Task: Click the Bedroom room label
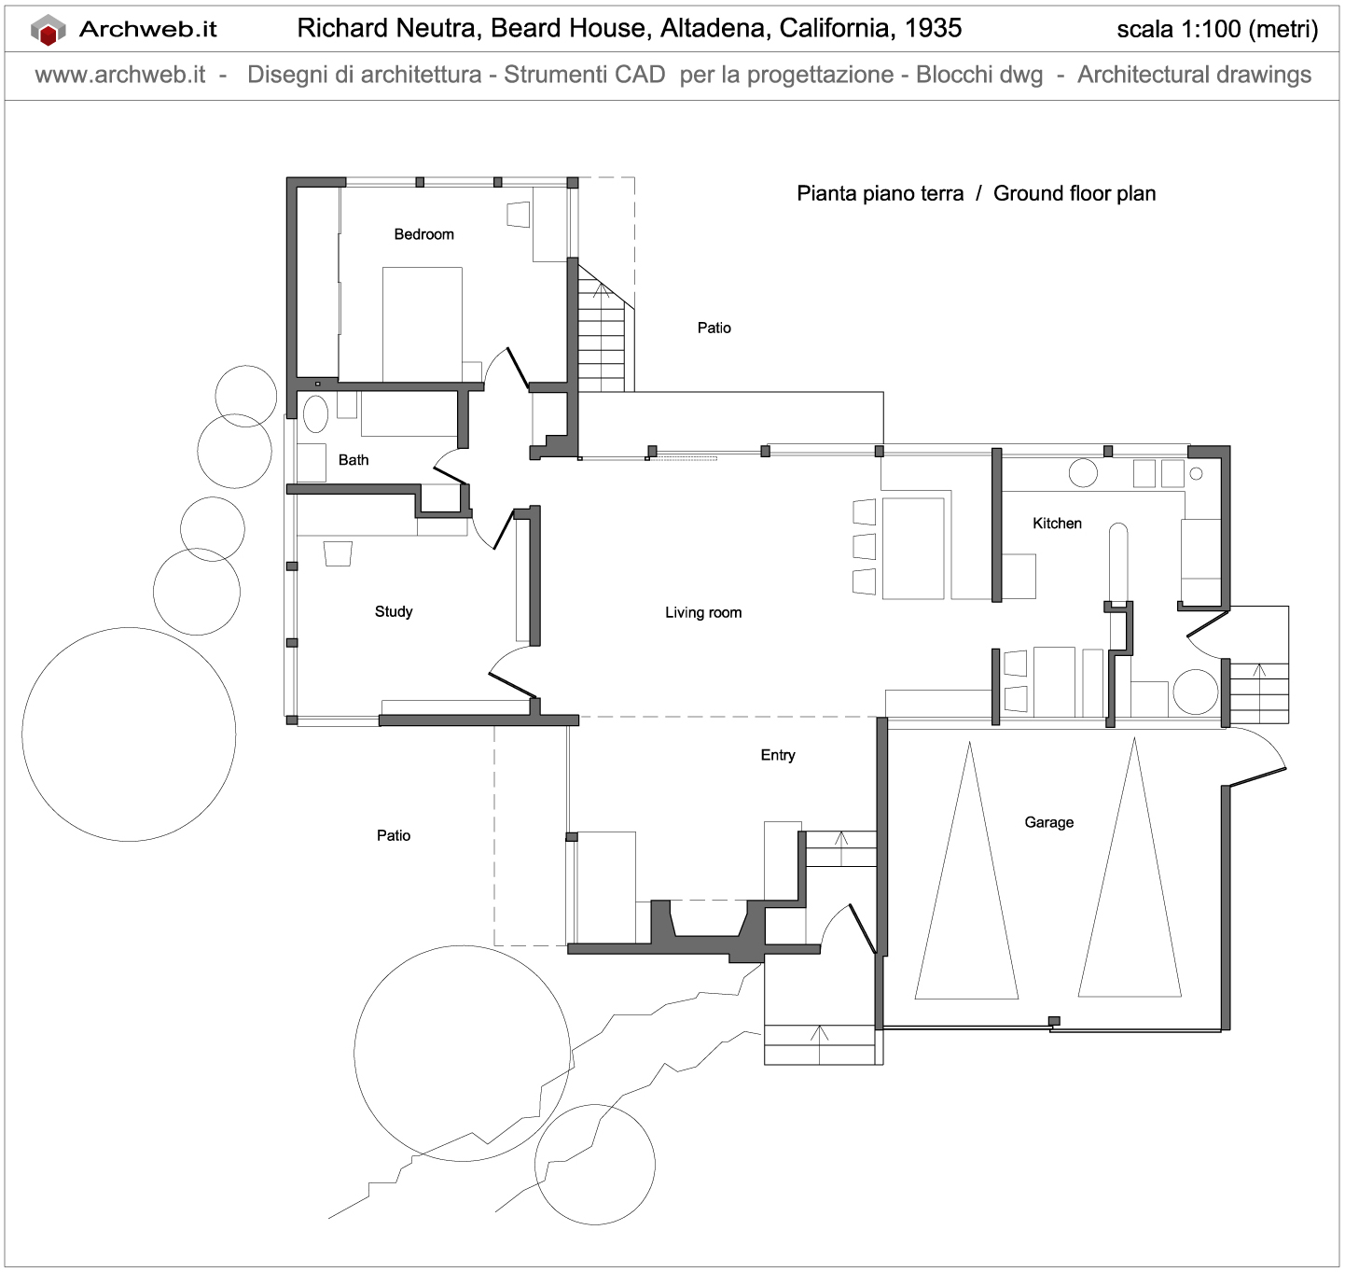423,234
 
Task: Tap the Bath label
354,460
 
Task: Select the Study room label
393,611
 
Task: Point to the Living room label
703,612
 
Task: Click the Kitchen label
1057,524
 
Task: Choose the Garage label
1048,822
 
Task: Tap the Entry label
778,755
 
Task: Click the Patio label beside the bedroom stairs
714,328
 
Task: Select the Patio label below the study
394,835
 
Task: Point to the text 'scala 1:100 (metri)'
1217,30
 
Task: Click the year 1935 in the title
933,28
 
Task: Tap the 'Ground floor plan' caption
1075,193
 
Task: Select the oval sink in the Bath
315,414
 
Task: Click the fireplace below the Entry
708,924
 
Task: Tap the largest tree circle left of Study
129,734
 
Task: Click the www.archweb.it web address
120,75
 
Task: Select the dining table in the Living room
914,548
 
